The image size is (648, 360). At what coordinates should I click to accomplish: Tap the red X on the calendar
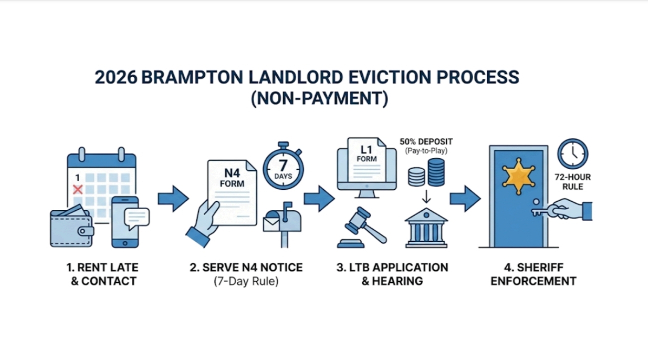tap(77, 189)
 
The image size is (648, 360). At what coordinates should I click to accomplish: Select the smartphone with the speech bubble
tap(124, 221)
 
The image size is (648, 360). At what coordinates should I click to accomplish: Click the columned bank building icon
tap(426, 227)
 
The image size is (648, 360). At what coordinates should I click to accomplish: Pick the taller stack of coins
tap(436, 171)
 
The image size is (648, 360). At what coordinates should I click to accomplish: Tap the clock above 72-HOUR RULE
tap(573, 153)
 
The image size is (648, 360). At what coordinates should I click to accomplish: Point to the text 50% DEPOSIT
tap(426, 141)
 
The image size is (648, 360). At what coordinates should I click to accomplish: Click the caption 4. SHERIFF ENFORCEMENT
tap(533, 274)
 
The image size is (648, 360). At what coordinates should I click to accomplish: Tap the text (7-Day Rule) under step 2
tap(246, 281)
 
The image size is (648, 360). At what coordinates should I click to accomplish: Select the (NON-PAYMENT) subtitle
tap(319, 98)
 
